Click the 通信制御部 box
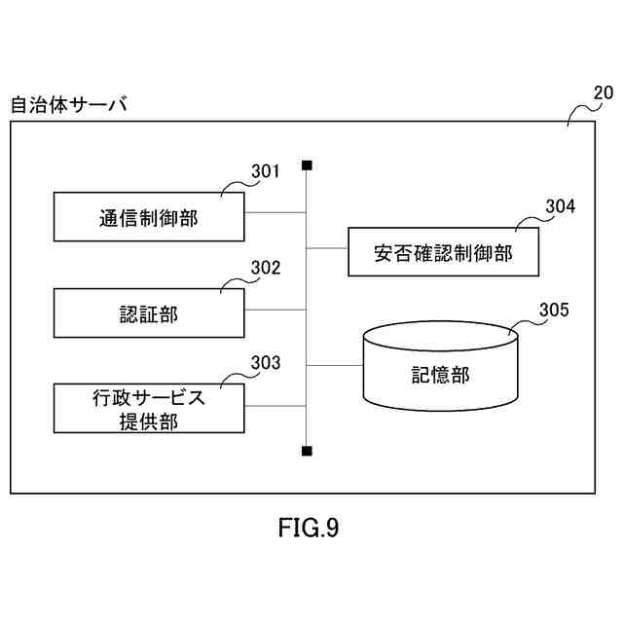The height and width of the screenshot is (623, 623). pyautogui.click(x=149, y=217)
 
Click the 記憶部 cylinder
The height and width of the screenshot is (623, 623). pyautogui.click(x=439, y=369)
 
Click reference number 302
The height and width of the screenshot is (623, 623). pyautogui.click(x=266, y=268)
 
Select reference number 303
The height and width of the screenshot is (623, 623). pyautogui.click(x=266, y=363)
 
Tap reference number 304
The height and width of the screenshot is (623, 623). pyautogui.click(x=560, y=206)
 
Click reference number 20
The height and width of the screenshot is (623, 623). pyautogui.click(x=603, y=94)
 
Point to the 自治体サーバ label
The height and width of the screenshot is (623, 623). pyautogui.click(x=69, y=104)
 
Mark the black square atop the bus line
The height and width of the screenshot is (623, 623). pyautogui.click(x=308, y=165)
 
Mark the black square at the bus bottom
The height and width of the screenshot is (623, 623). pyautogui.click(x=308, y=451)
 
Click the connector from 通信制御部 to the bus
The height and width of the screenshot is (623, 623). pyautogui.click(x=276, y=212)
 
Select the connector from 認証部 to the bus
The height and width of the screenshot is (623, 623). pyautogui.click(x=276, y=310)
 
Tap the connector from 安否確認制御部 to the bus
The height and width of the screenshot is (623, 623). pyautogui.click(x=327, y=248)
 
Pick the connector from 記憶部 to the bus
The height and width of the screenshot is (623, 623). pyautogui.click(x=335, y=365)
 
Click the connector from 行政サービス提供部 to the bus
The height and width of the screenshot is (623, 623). pyautogui.click(x=276, y=405)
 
